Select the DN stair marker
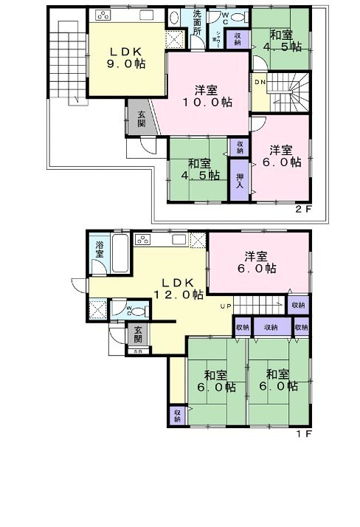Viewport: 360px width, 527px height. tap(261, 83)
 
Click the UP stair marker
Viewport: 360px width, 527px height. tap(228, 306)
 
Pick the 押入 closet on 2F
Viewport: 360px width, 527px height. tap(240, 182)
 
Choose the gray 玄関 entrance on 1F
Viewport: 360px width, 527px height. tap(137, 335)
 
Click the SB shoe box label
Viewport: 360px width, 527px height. tap(137, 351)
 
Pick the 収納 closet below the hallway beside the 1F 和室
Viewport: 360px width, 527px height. tap(176, 414)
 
